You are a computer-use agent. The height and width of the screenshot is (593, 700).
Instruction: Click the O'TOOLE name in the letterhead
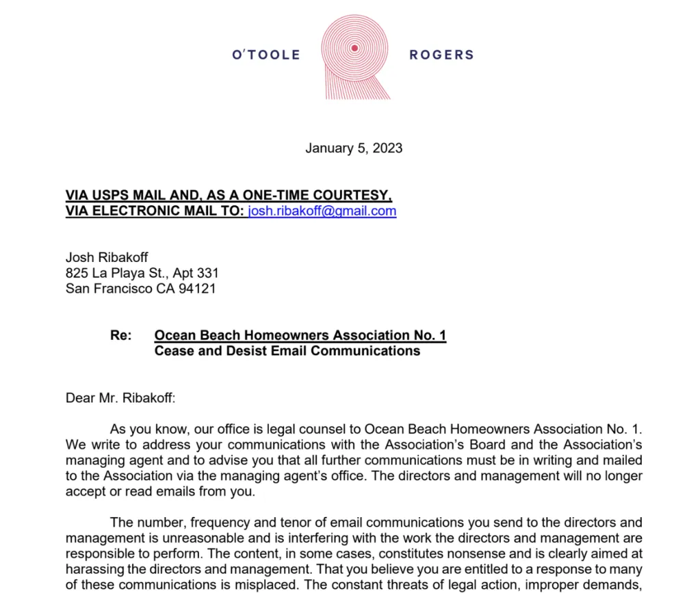tap(266, 55)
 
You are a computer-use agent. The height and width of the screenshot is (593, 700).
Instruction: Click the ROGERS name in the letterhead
tap(441, 55)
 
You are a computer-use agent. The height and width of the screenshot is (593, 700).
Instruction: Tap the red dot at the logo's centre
tap(354, 48)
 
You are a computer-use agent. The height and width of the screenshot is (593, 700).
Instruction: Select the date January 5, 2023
tap(354, 148)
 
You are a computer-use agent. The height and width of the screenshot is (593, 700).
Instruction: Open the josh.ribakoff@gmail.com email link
tap(322, 211)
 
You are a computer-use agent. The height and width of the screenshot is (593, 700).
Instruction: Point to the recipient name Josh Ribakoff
tap(107, 258)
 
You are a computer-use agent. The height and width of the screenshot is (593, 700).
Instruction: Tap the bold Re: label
tap(120, 336)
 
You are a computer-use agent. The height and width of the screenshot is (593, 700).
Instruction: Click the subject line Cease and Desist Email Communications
tap(287, 352)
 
